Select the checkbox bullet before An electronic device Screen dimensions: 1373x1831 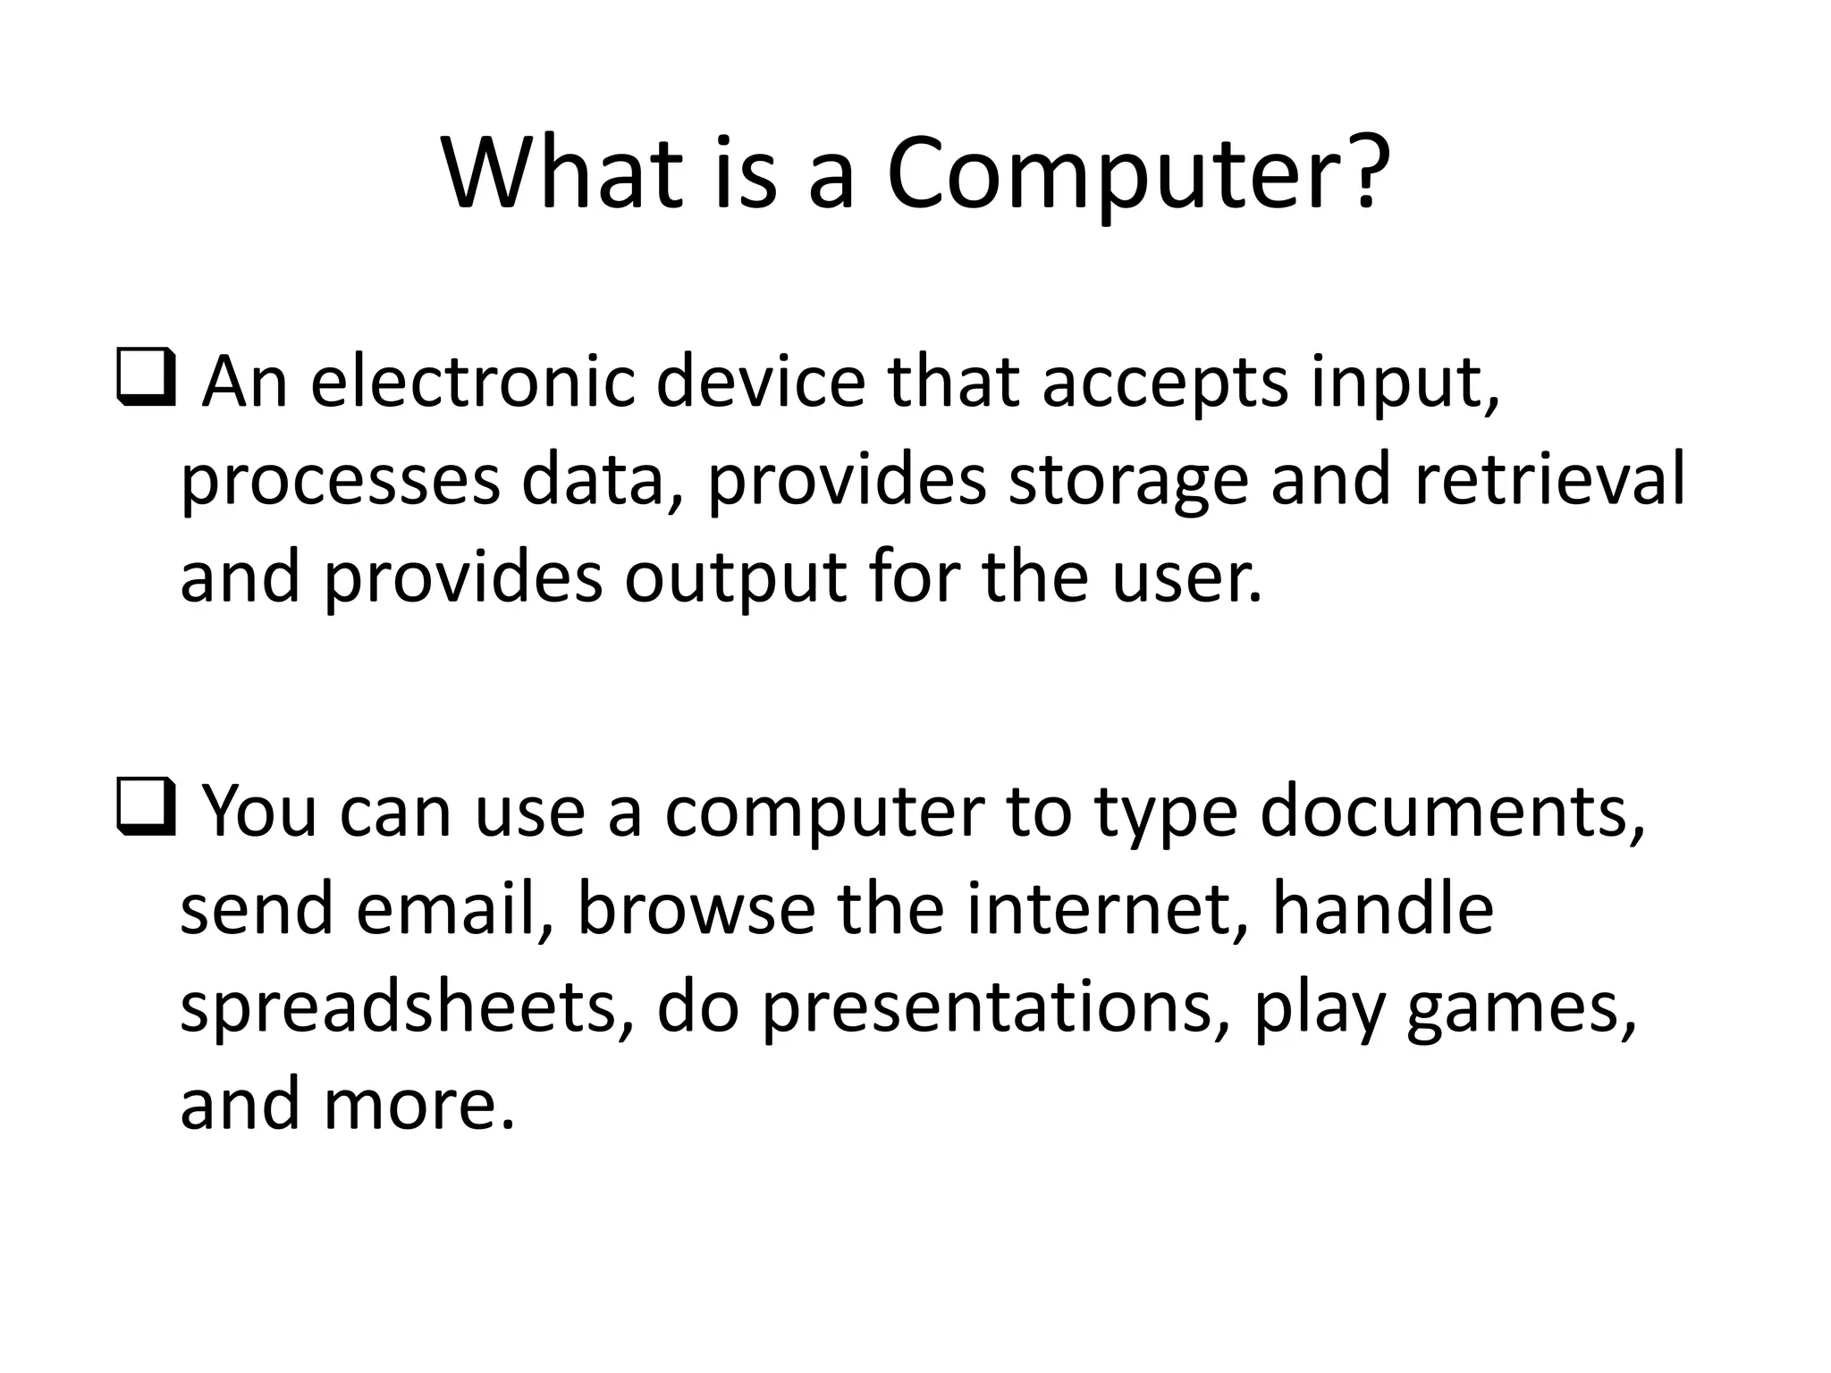[x=146, y=381]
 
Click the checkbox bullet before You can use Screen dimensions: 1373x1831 [x=146, y=809]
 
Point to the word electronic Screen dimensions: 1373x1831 [x=472, y=383]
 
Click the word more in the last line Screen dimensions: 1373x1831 [x=418, y=1105]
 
